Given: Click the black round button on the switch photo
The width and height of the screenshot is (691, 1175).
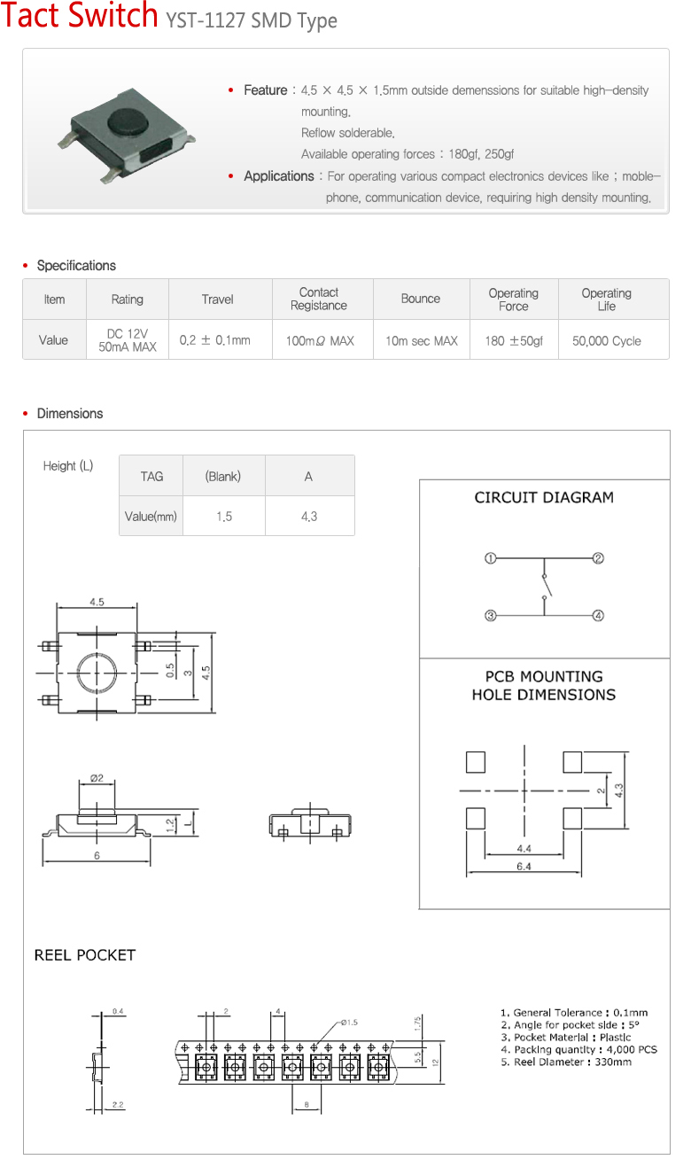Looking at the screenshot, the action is tap(128, 122).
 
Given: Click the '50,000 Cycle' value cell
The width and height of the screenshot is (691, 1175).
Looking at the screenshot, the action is tap(607, 341).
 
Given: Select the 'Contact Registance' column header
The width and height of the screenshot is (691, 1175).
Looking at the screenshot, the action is tap(319, 299).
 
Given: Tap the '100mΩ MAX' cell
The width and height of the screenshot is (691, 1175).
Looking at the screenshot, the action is tap(320, 341).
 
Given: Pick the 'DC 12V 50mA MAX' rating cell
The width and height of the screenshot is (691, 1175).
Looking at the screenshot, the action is tap(128, 340).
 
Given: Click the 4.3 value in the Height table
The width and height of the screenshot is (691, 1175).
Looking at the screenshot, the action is tap(309, 517).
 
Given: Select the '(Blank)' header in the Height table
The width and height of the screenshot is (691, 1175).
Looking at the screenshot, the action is tap(223, 477).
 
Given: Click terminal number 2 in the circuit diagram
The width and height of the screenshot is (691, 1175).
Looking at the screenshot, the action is tap(598, 558).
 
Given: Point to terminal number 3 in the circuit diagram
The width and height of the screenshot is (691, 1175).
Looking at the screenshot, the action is tap(490, 615).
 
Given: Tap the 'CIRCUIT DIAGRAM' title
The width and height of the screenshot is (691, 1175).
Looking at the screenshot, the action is tap(544, 497).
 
